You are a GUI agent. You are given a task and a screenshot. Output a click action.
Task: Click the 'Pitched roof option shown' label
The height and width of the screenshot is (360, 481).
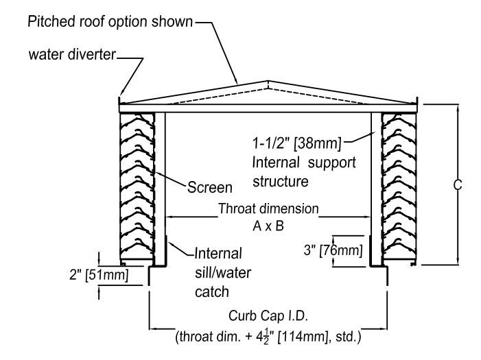point(110,22)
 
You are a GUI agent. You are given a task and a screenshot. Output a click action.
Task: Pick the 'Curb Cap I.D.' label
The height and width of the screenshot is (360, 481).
point(260,317)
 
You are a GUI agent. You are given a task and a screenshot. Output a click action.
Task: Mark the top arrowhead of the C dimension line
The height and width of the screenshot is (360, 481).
point(457,107)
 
